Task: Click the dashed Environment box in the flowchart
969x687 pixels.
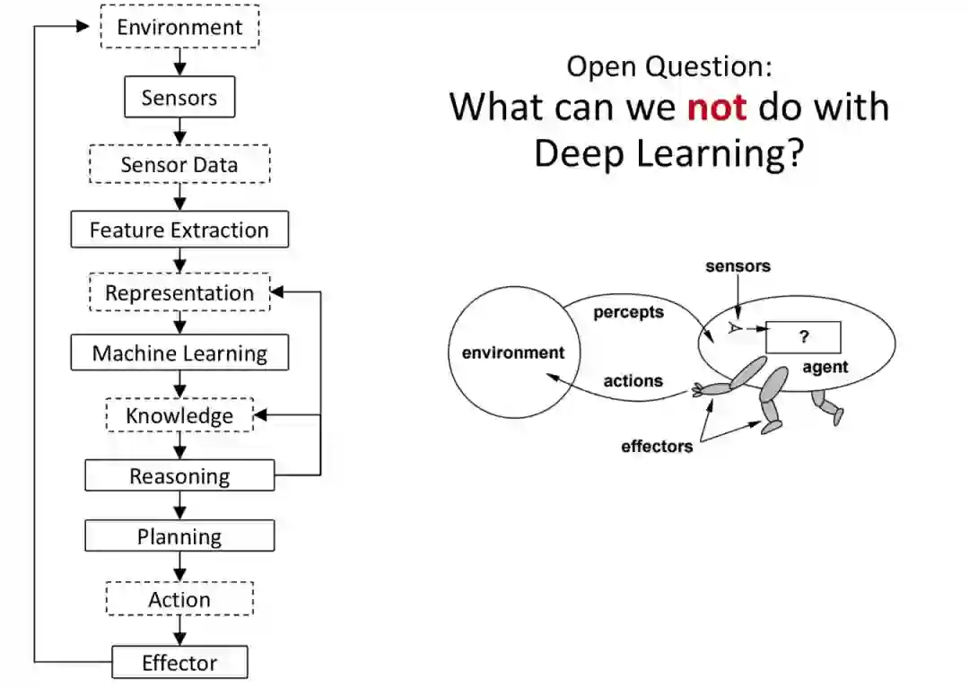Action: (179, 27)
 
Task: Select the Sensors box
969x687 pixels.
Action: (179, 98)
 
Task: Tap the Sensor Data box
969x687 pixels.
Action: (179, 165)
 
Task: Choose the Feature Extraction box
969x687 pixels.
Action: (179, 230)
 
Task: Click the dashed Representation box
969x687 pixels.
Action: (179, 293)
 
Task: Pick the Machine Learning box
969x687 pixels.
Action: (179, 353)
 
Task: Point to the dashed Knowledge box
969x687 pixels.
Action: (179, 415)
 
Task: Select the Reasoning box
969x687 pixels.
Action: (179, 476)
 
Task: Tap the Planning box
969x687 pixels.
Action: (179, 537)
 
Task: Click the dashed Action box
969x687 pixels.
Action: (179, 599)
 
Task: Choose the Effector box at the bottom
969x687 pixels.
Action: (179, 663)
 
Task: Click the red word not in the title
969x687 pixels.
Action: (717, 108)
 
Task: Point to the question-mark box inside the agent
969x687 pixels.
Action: (804, 337)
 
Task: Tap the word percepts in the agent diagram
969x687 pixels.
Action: (628, 313)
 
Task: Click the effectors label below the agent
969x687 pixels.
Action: (657, 446)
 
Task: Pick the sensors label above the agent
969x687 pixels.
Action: (738, 266)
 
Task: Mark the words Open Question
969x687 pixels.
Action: (668, 66)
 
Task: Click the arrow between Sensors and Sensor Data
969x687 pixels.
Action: (179, 131)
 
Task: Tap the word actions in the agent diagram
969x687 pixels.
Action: (633, 381)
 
